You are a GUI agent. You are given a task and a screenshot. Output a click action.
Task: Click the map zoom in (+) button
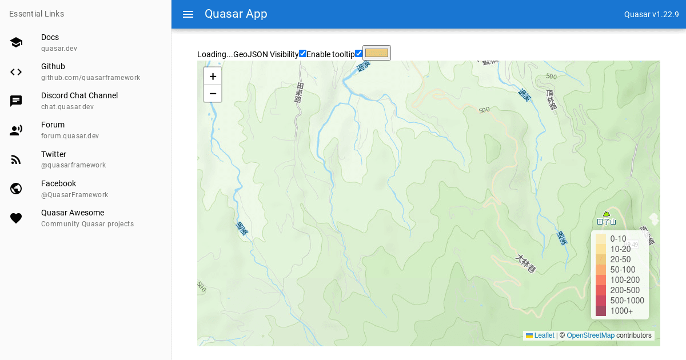tap(213, 76)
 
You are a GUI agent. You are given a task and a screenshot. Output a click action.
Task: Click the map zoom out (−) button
tap(213, 93)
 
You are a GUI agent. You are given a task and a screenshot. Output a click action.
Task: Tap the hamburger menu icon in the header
tap(188, 14)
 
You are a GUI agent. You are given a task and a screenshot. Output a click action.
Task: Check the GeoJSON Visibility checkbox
tap(302, 54)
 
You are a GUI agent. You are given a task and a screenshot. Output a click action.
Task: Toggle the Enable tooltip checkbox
tap(358, 54)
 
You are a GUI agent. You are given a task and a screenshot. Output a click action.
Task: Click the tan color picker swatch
tap(377, 53)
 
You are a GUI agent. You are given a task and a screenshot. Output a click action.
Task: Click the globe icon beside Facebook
tap(16, 189)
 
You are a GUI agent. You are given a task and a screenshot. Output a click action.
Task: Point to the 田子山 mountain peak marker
tap(607, 214)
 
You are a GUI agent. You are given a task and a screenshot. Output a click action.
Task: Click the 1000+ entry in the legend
tap(621, 311)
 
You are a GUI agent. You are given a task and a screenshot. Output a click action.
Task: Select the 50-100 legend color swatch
tap(601, 270)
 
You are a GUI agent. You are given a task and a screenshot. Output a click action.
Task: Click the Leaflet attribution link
tap(544, 335)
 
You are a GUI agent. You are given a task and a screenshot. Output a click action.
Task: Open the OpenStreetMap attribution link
tap(591, 335)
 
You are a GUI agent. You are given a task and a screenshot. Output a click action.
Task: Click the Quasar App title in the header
tap(236, 14)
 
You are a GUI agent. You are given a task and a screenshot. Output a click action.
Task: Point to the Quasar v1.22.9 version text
tap(651, 14)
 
